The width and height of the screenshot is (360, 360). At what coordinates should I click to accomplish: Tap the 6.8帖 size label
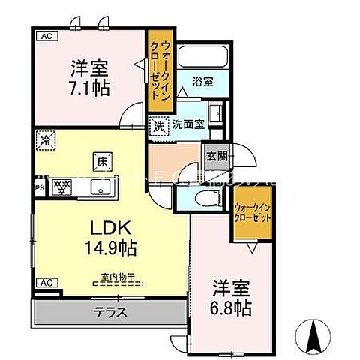coord(229,307)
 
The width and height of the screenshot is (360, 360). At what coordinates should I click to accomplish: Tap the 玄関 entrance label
coord(214,156)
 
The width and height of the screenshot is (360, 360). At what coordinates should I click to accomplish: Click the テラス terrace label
coord(109,312)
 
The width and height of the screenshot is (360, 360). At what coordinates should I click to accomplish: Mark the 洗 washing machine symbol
coord(158,126)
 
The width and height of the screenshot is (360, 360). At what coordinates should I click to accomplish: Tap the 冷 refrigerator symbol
coord(47,139)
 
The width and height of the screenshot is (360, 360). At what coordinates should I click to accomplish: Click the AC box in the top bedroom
coord(45,35)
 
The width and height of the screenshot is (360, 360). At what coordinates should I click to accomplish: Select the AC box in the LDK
coord(46,283)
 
